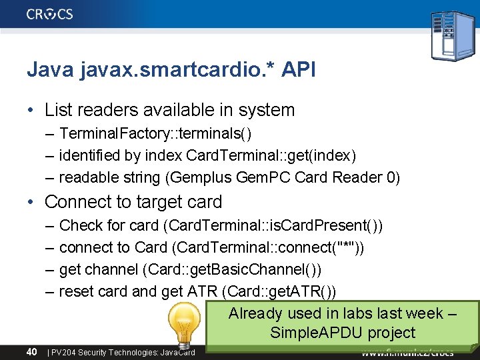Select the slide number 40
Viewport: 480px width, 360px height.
31,351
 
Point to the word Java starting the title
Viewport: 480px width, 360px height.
49,69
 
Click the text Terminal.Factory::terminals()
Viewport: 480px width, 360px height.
155,134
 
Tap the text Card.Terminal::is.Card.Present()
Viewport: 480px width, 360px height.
275,225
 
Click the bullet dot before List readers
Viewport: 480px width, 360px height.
33,110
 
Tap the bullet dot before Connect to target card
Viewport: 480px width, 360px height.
33,201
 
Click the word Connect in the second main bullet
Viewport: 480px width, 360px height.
75,201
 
